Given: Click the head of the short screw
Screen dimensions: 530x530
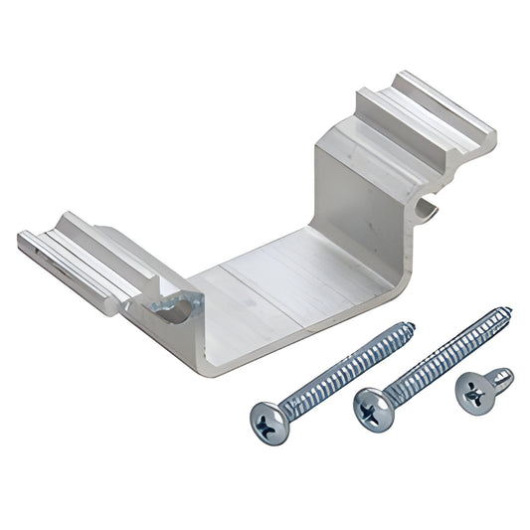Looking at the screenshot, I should tap(472, 392).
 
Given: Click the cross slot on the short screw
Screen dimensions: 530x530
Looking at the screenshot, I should tap(472, 392).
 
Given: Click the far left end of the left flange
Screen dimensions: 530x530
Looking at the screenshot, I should tap(22, 242).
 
